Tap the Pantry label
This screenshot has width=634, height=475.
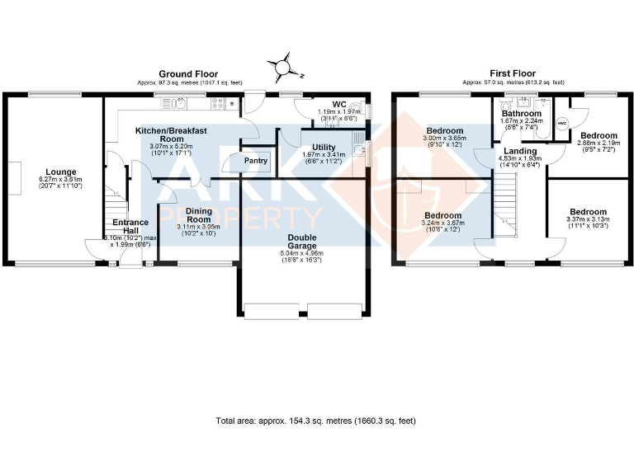[256, 161]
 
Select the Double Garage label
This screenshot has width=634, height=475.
[301, 240]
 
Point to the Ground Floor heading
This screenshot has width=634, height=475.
[188, 74]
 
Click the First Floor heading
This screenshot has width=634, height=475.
[513, 74]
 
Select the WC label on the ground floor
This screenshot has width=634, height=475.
[338, 105]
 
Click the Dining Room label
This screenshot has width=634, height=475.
[198, 215]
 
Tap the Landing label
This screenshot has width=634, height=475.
[521, 151]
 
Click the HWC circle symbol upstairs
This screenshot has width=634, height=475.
[562, 124]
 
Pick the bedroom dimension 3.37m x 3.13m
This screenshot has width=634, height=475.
[588, 220]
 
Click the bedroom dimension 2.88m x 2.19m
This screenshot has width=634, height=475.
[598, 143]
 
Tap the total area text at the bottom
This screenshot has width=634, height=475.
[316, 421]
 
